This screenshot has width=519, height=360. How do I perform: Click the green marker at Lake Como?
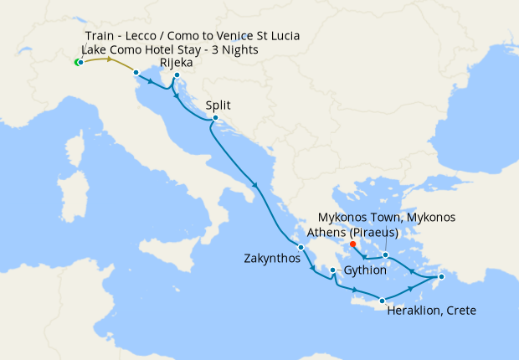[77, 63]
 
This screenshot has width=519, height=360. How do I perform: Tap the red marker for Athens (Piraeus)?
[352, 244]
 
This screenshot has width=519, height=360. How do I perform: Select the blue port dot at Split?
[215, 117]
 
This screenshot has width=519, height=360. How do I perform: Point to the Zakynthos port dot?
[301, 247]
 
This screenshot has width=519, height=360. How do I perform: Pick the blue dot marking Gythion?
[333, 270]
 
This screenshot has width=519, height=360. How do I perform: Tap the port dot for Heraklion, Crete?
[383, 301]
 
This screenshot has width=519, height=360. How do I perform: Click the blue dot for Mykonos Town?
[385, 255]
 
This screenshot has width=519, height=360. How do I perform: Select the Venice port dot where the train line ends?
[136, 73]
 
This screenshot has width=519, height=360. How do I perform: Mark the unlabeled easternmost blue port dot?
[442, 276]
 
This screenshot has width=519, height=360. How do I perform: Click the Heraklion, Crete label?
[432, 311]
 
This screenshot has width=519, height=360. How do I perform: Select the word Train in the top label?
[100, 36]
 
